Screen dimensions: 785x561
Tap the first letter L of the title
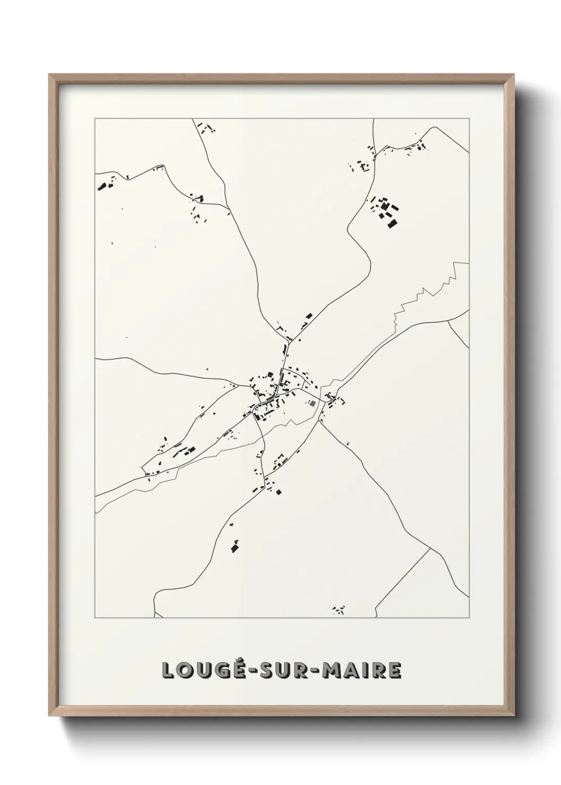click(168, 670)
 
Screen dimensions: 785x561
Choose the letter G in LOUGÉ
click(215, 670)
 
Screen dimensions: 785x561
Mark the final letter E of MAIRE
click(395, 670)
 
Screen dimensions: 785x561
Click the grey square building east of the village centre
click(312, 404)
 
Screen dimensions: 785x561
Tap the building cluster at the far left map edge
click(103, 186)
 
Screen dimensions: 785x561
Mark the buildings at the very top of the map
click(205, 127)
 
